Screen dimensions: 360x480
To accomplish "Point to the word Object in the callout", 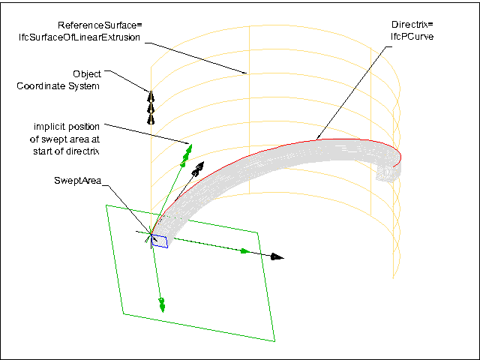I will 87,73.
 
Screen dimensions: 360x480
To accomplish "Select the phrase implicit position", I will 67,125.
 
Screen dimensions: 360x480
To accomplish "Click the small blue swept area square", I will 160,240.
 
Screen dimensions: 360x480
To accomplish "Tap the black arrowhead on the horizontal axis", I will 277,256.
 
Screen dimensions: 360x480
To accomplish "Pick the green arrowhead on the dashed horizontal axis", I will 244,251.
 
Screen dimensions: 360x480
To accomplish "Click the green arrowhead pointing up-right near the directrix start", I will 188,150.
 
